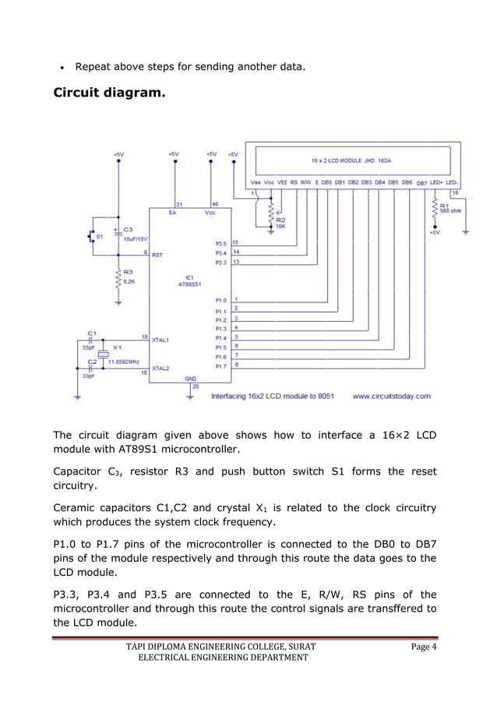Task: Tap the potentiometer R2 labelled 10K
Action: click(271, 212)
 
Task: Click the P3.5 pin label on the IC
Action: click(221, 243)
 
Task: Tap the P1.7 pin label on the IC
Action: click(221, 366)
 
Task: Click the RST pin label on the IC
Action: click(157, 254)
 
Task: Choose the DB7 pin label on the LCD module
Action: click(421, 182)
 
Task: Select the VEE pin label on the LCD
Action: click(282, 182)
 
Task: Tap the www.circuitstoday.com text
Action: click(391, 396)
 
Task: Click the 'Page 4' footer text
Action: click(422, 646)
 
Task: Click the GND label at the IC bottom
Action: click(190, 378)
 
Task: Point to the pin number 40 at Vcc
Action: click(215, 204)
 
